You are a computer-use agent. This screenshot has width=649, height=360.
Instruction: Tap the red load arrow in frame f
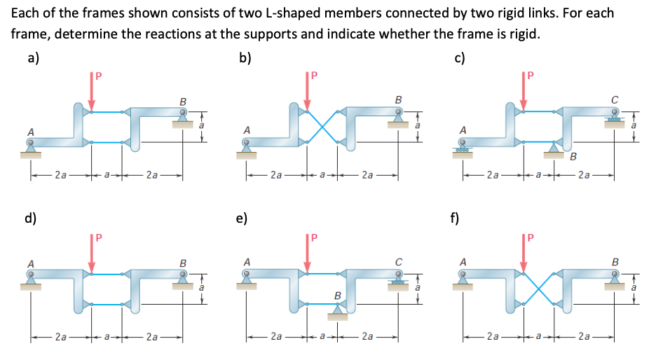(x=522, y=254)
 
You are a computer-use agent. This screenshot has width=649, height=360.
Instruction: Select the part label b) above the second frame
(x=245, y=58)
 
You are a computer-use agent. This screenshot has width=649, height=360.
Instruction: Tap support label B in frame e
(x=336, y=296)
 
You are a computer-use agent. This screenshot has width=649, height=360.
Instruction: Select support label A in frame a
(x=30, y=131)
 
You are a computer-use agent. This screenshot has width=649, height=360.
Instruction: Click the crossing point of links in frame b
(x=322, y=127)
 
